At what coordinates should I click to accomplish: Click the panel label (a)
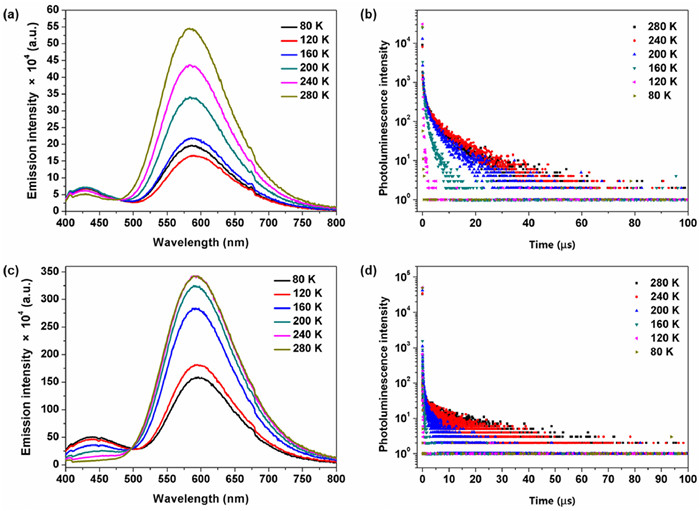(14, 14)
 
